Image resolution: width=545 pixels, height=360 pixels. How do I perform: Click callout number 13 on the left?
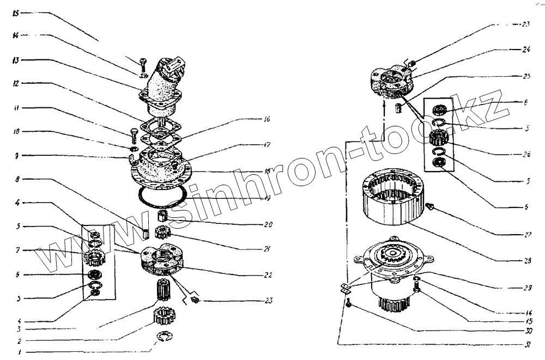tap(17, 60)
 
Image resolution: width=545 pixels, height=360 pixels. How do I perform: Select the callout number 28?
tap(526, 260)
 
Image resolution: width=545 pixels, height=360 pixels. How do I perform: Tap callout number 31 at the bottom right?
tap(526, 344)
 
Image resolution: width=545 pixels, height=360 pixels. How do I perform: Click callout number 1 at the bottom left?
tap(20, 352)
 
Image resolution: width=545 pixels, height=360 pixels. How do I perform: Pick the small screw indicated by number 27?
tap(430, 206)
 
